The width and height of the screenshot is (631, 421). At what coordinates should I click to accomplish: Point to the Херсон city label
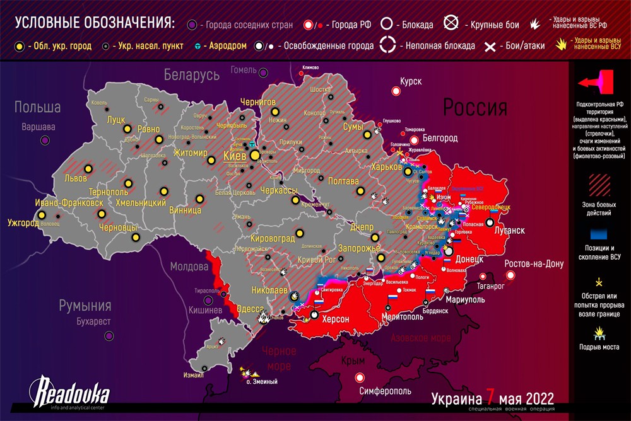coord(335,319)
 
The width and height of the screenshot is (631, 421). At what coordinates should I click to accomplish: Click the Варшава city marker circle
coord(45,140)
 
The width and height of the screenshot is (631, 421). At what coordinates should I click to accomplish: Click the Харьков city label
coord(386,167)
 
